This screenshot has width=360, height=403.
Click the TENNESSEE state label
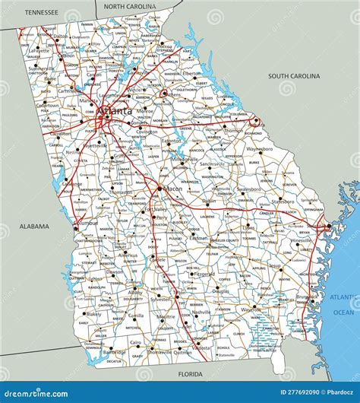point(43,13)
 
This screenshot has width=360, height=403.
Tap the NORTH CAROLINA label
point(129,6)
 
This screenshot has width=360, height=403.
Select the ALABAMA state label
point(34,226)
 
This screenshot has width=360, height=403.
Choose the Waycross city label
point(250,309)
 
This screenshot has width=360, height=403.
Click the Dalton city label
point(60,36)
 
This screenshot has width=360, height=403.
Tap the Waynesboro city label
point(260,150)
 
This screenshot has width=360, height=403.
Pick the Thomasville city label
point(160,351)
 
